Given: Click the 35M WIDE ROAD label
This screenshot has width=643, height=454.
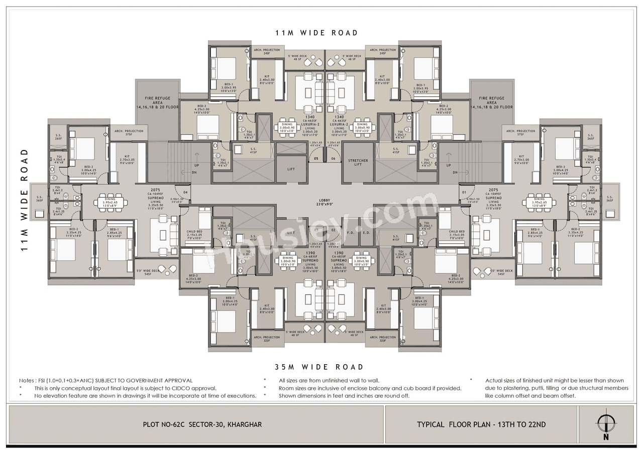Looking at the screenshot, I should (x=319, y=367).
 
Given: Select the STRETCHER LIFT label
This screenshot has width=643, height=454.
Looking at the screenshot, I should (x=358, y=163).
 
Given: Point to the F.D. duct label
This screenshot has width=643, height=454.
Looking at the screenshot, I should (x=351, y=232).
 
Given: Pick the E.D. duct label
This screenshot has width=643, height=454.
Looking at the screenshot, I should (x=366, y=232).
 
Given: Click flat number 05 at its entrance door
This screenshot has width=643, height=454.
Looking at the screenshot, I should (x=316, y=159).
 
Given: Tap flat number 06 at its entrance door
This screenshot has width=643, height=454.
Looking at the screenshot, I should (x=333, y=159).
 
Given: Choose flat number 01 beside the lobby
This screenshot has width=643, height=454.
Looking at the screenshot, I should (x=464, y=192).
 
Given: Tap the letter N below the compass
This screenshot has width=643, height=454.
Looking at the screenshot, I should (x=606, y=437).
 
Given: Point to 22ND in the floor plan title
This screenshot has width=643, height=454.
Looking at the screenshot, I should (x=536, y=424).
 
